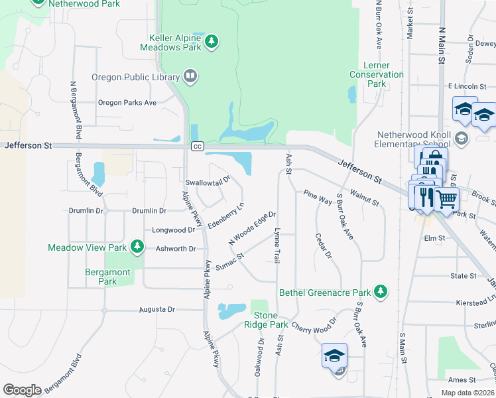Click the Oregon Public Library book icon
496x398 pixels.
190,76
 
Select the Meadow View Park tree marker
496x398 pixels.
137,247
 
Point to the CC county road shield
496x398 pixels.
197,146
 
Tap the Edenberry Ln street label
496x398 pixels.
226,216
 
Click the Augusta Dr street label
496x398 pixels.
157,309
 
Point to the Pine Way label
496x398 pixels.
317,197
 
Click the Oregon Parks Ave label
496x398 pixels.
127,103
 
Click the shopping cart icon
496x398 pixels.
447,198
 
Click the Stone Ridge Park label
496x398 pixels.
269,320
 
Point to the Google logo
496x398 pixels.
22,390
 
